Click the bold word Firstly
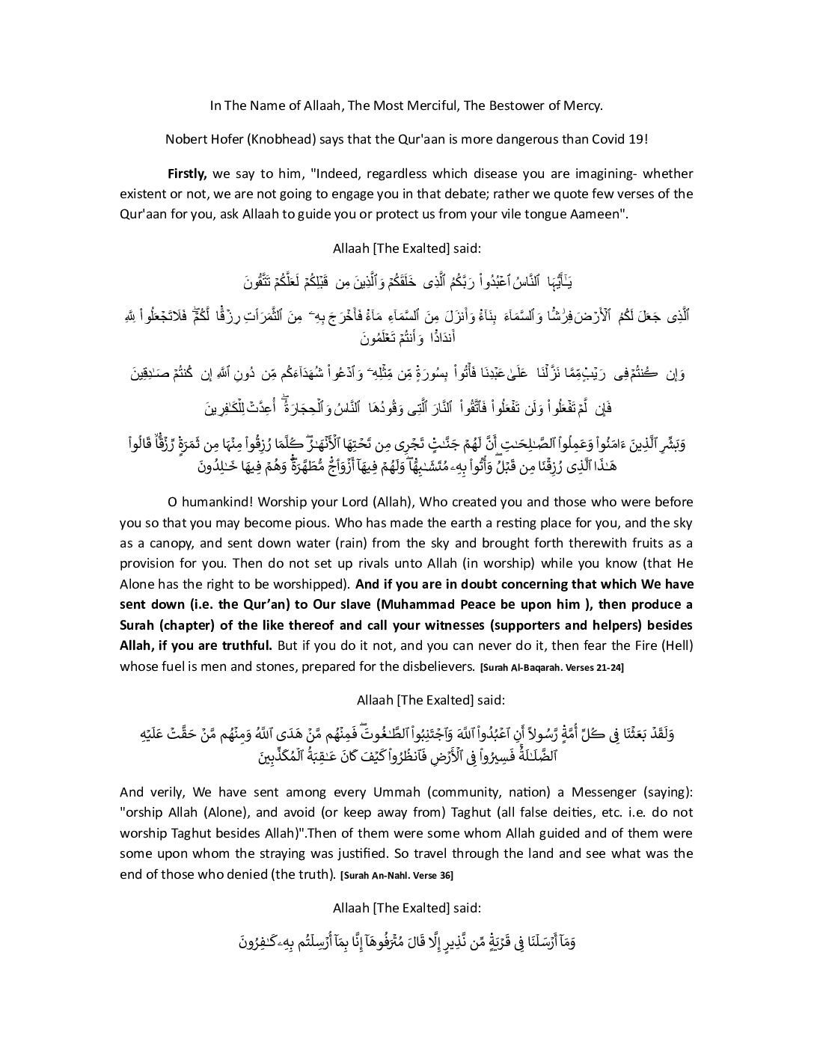pos(186,174)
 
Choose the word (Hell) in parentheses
pos(676,645)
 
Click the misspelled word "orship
pos(140,812)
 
